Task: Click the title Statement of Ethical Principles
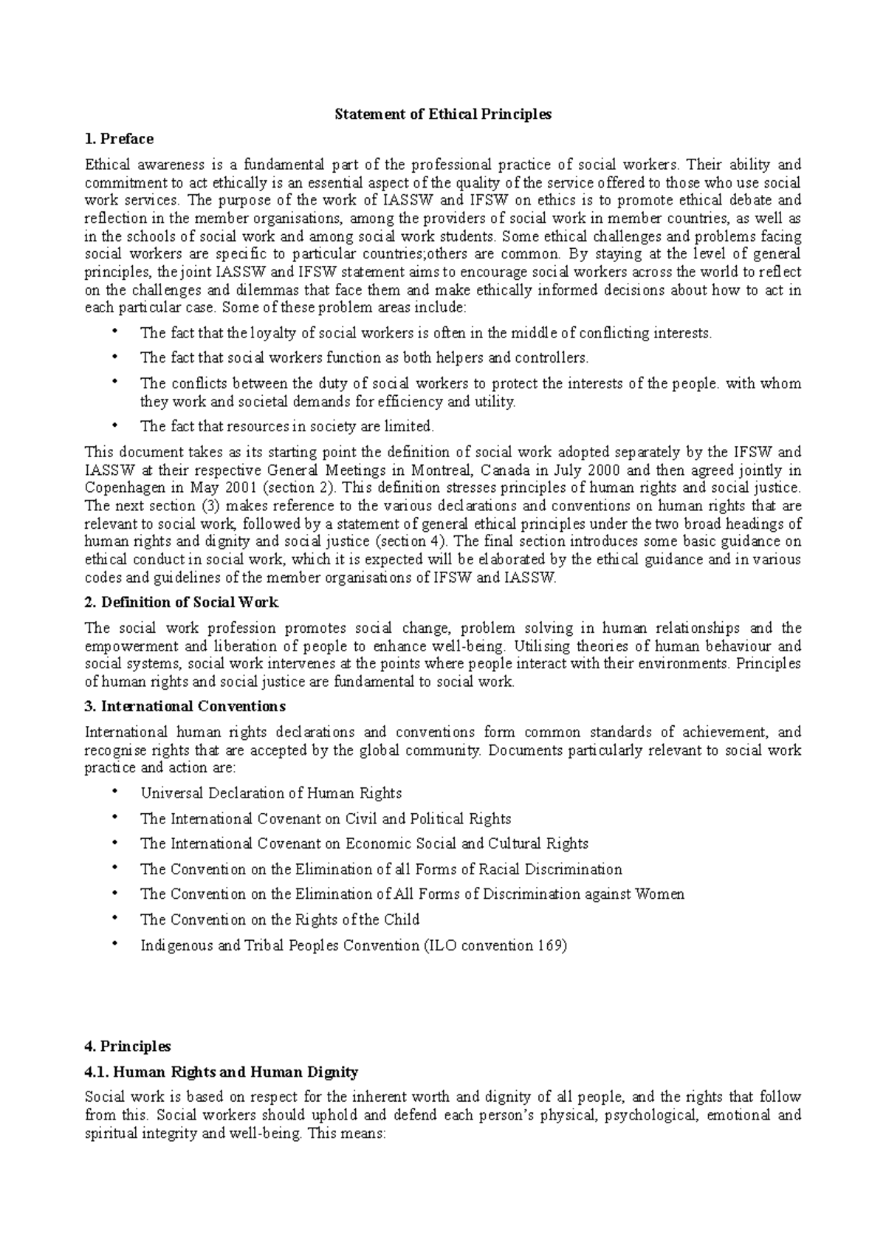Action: pos(443,114)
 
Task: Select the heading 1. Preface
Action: pos(119,139)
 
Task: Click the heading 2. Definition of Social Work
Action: pos(182,603)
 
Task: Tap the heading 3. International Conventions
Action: pos(185,706)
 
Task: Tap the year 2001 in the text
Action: pos(238,488)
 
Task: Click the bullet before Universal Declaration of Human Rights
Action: pos(114,792)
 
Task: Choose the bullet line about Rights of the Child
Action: pos(280,920)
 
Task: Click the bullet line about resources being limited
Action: pos(287,426)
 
